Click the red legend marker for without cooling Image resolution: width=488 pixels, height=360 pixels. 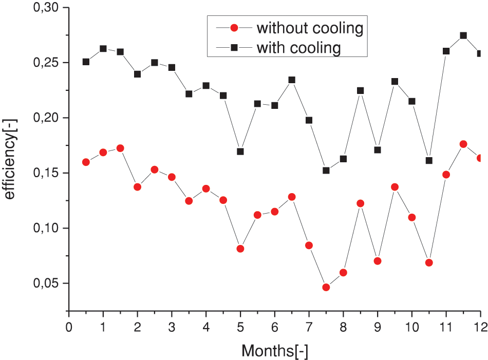click(235, 27)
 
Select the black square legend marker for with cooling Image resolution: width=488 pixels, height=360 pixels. click(235, 48)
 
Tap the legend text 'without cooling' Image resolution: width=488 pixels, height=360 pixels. click(310, 27)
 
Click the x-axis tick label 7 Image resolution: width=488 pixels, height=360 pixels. click(309, 327)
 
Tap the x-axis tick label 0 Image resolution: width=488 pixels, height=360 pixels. click(69, 327)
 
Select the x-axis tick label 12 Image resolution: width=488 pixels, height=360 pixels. click(480, 327)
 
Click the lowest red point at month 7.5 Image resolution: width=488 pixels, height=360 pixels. click(326, 287)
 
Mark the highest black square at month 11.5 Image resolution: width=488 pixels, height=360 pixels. click(463, 35)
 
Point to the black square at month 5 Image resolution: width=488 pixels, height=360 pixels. click(240, 151)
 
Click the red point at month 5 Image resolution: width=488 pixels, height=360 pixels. click(240, 249)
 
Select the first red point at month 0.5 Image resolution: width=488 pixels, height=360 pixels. click(86, 162)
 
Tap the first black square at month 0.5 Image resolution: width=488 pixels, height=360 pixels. click(86, 62)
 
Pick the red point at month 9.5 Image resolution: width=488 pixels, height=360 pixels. click(395, 187)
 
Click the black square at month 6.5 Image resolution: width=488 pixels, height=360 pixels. click(292, 80)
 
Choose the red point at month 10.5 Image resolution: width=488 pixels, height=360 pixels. click(429, 262)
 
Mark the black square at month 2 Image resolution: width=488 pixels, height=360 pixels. click(138, 74)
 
